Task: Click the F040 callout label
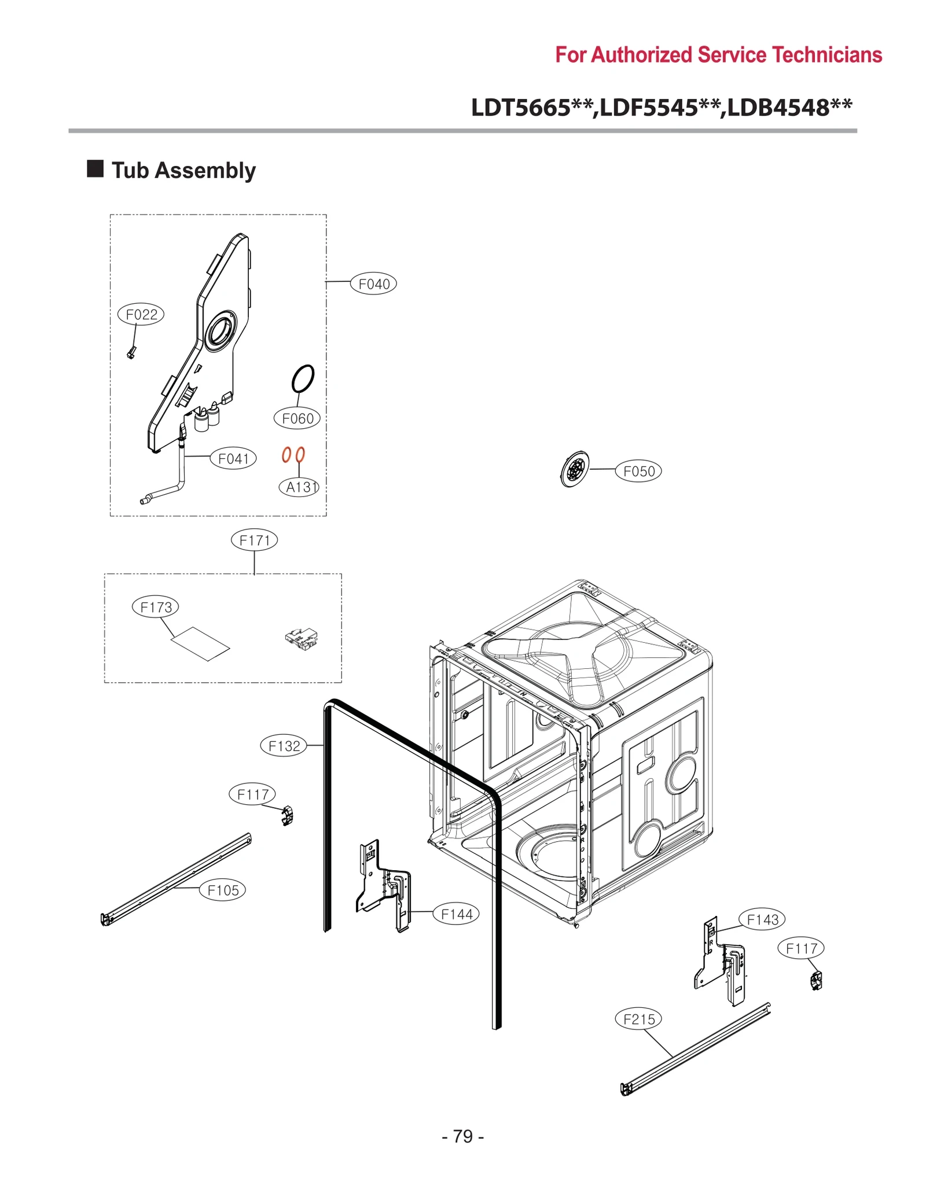point(373,284)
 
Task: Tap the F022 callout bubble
point(141,314)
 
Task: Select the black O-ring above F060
point(303,378)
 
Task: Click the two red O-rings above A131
point(293,455)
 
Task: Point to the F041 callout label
point(233,458)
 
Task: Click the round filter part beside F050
point(574,469)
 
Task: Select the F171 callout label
point(254,540)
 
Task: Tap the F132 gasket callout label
point(284,746)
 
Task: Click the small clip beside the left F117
point(288,816)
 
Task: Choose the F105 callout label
point(223,890)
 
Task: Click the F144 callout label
point(457,914)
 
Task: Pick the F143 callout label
point(762,919)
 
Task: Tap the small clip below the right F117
point(816,981)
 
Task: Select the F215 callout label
point(638,1019)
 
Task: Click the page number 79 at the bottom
point(462,1136)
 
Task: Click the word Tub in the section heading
point(130,171)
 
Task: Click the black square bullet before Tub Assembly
point(95,169)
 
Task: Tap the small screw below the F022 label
point(131,352)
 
